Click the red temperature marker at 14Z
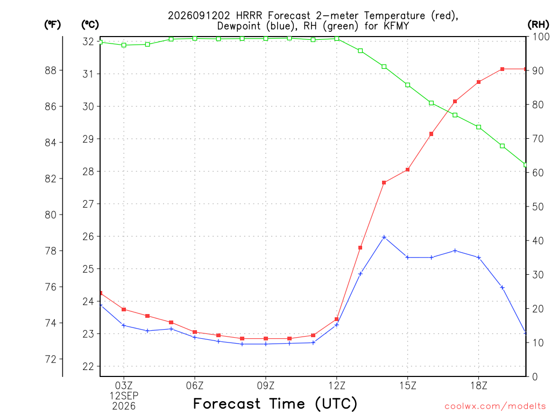pyautogui.click(x=384, y=183)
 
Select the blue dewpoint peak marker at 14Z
pyautogui.click(x=384, y=237)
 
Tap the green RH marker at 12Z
pyautogui.click(x=337, y=39)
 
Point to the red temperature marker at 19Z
pyautogui.click(x=503, y=69)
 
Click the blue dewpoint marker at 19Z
pyautogui.click(x=503, y=288)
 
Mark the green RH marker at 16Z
pyautogui.click(x=432, y=103)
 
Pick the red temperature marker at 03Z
pyautogui.click(x=124, y=309)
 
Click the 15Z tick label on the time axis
pyautogui.click(x=408, y=386)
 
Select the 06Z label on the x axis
pyautogui.click(x=195, y=386)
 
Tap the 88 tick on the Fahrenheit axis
pyautogui.click(x=51, y=70)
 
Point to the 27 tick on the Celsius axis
pyautogui.click(x=88, y=204)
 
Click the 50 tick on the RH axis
pyautogui.click(x=538, y=206)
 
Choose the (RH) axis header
pyautogui.click(x=538, y=25)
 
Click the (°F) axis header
pyautogui.click(x=52, y=25)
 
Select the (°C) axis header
pyautogui.click(x=90, y=25)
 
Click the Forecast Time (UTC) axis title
pyautogui.click(x=275, y=404)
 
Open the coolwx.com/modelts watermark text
pyautogui.click(x=495, y=407)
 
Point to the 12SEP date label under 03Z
pyautogui.click(x=124, y=396)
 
